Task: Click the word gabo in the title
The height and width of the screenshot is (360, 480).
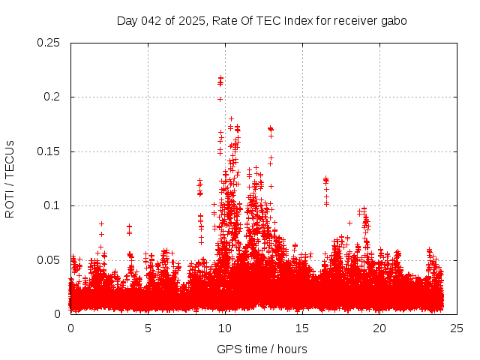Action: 394,20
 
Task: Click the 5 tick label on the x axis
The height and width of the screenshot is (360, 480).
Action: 148,328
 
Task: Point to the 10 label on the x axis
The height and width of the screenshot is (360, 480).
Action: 225,328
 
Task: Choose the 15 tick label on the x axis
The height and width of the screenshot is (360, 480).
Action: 302,328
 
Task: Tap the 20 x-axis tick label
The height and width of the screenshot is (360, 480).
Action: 379,328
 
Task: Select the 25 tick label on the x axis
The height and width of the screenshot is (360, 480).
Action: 457,328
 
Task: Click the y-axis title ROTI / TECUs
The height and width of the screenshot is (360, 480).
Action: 10,178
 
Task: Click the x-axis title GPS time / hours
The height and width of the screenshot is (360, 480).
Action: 262,349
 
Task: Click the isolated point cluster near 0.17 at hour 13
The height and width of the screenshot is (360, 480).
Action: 271,129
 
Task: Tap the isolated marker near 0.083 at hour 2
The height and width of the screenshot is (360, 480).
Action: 101,223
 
